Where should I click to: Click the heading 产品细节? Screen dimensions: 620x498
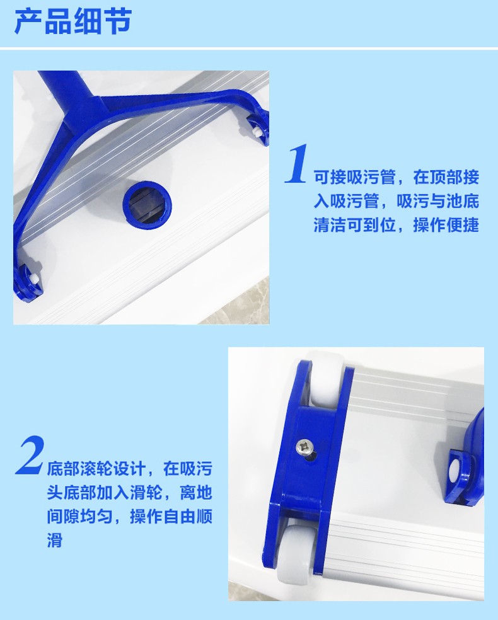73,21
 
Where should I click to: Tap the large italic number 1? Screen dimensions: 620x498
296,165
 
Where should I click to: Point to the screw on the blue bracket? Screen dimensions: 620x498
306,447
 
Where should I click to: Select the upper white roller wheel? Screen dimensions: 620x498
328,381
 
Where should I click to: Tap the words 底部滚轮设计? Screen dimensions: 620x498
96,469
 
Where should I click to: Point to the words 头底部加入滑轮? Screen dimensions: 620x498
105,493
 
